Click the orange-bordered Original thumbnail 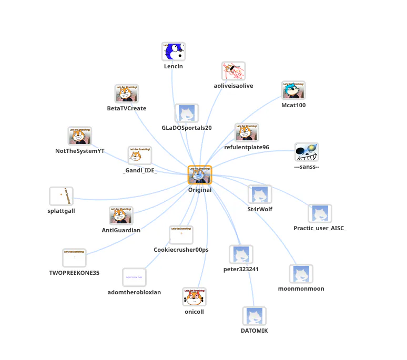pos(200,174)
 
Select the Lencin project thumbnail pos(174,52)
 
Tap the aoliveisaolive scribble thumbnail pos(233,71)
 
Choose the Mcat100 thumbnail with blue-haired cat pos(293,90)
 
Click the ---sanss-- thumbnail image pos(307,152)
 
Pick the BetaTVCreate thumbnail pos(127,94)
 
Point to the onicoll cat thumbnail pos(194,297)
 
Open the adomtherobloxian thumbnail pos(134,277)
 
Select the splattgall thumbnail pos(61,196)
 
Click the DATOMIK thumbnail pos(254,316)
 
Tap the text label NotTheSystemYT pos(80,151)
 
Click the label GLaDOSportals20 pos(187,128)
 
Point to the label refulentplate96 pos(247,147)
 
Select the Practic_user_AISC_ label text pos(320,228)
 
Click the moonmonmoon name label pos(301,289)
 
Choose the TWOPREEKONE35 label pos(74,273)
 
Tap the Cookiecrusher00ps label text pos(181,250)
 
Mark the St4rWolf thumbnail pos(260,194)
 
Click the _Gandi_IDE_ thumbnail pos(140,156)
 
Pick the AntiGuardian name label pos(121,230)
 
